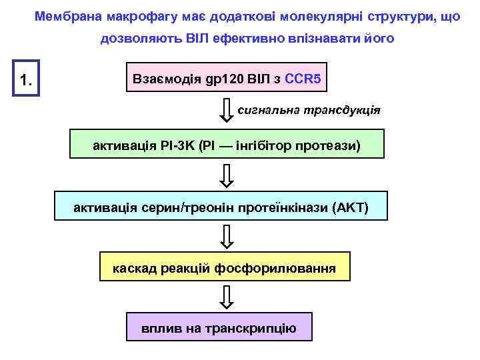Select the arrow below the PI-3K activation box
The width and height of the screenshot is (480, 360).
coord(227,175)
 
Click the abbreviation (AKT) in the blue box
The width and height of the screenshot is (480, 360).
coord(349,207)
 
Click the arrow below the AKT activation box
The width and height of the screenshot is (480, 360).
coord(227,237)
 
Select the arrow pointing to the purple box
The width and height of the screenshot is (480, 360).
coord(227,297)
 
